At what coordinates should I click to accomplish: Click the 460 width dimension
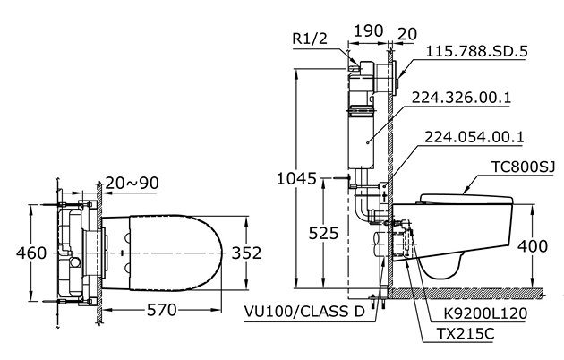point(31,253)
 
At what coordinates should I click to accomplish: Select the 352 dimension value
point(246,253)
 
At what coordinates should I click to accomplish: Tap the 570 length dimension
point(162,310)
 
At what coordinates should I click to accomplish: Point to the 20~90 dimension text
point(132,183)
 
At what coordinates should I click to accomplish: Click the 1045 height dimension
point(296,178)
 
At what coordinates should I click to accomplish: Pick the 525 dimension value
point(324,234)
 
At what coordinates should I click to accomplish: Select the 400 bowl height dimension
point(533,246)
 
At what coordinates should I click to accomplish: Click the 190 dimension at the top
point(369,31)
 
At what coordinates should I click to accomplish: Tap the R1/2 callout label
point(310,39)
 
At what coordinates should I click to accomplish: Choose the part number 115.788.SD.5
point(476,51)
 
